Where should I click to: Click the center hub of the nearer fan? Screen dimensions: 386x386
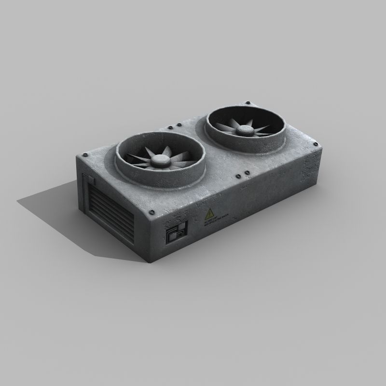tap(158, 161)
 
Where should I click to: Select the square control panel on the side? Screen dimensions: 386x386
tap(176, 234)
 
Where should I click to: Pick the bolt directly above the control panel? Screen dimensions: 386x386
tap(153, 211)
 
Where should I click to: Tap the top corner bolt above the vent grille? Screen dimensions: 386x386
tap(86, 155)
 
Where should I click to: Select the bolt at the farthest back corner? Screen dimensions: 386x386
tap(248, 103)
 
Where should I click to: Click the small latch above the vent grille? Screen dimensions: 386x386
tap(92, 180)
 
